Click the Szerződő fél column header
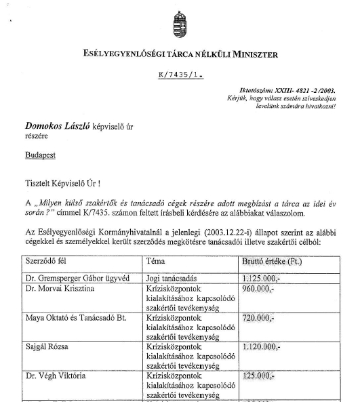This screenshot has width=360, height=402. pos(50,261)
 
